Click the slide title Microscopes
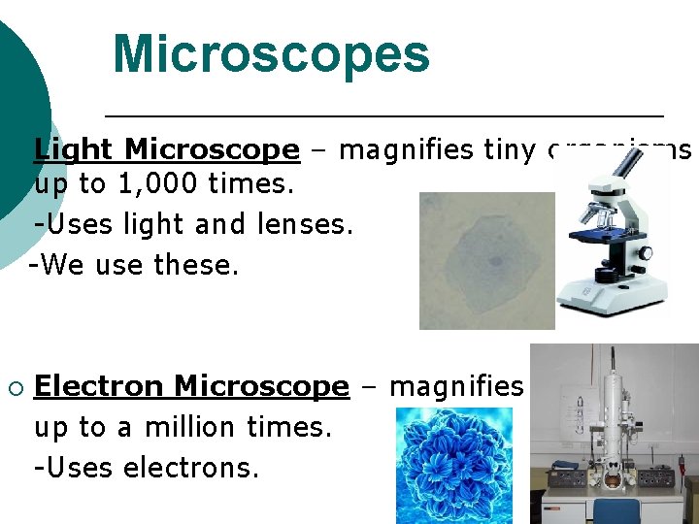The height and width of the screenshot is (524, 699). tap(271, 54)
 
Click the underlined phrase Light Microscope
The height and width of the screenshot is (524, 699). tap(167, 149)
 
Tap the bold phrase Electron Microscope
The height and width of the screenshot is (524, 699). tap(191, 386)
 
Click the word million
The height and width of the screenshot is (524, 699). tap(183, 427)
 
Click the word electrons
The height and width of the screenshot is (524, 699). tap(201, 468)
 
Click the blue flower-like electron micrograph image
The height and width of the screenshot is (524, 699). tap(454, 466)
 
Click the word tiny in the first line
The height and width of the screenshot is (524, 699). tap(508, 149)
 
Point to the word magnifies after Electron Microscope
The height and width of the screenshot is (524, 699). tap(456, 386)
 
